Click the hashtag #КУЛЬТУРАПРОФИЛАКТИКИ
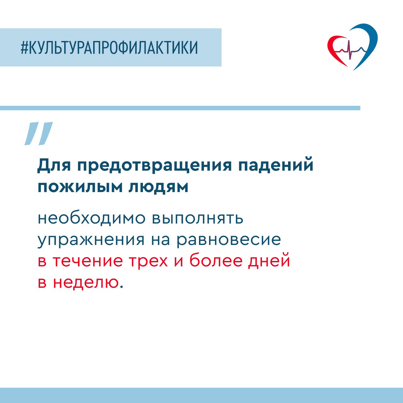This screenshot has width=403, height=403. tap(109, 48)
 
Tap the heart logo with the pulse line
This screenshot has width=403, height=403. tap(352, 47)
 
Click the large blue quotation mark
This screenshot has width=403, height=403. tap(39, 133)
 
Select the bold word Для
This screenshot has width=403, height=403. tap(54, 166)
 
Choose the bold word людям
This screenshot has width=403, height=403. tap(158, 187)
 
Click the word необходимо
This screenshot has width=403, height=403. tap(91, 218)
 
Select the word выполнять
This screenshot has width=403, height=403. tap(198, 219)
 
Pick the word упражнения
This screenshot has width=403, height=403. tap(91, 241)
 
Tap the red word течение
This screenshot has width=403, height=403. tap(87, 261)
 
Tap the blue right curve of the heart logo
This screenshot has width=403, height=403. tap(368, 44)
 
